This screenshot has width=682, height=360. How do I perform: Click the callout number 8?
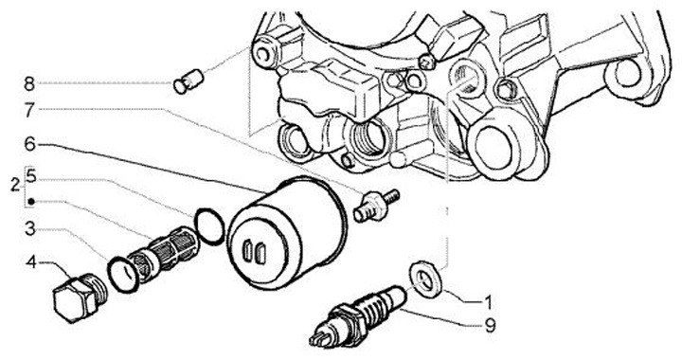point(29,84)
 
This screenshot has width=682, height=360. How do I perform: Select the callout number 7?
point(29,111)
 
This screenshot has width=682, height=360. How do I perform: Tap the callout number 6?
point(29,144)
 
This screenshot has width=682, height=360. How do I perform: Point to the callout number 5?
point(30,176)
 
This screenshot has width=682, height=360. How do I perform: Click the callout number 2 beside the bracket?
point(16,186)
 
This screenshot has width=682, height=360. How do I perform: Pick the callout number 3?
point(29,228)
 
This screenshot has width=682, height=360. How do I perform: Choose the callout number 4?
point(31,262)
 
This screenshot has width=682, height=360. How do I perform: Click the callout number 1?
point(488,302)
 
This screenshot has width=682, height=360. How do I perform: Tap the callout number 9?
point(490,325)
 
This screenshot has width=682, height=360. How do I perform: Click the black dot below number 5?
point(31,202)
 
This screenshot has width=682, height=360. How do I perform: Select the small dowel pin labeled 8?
point(188,81)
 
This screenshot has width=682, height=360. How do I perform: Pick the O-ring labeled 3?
point(124,275)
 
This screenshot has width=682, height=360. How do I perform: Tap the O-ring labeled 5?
point(209,226)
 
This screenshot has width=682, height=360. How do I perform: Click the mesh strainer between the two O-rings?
point(163,255)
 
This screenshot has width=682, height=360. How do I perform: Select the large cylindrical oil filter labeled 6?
point(288,233)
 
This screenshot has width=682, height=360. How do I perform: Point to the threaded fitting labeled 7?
point(376,205)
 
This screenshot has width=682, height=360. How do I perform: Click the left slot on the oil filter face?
point(247,251)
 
